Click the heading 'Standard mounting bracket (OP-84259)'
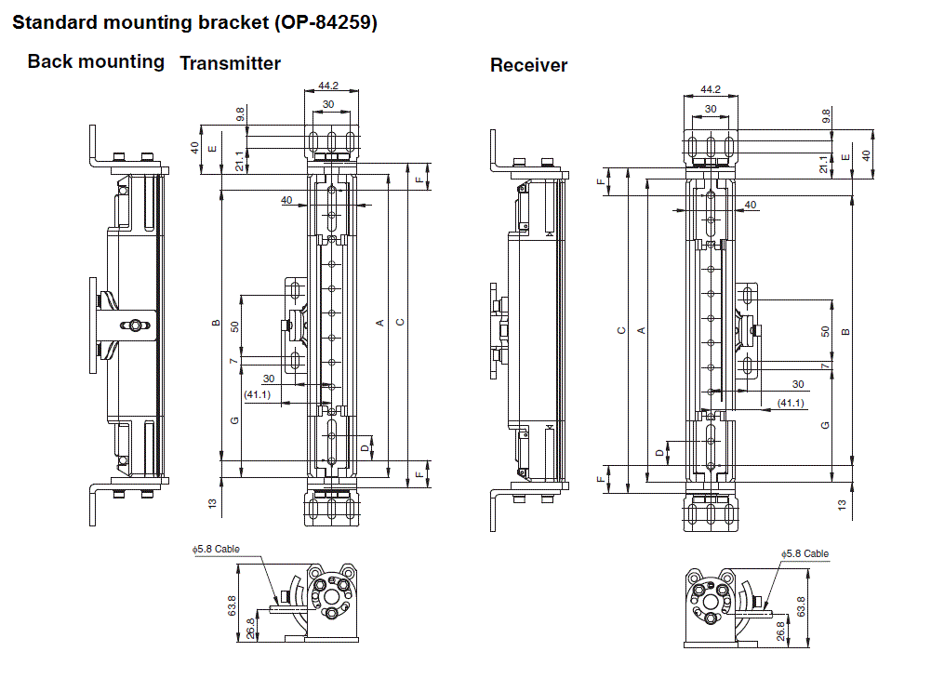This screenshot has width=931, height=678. [194, 23]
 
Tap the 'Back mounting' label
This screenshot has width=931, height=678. [96, 62]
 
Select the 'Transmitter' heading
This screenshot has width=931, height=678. [230, 63]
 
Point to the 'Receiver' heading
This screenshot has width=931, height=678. [528, 65]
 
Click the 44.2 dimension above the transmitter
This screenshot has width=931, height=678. [327, 86]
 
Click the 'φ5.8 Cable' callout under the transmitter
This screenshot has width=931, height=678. [216, 549]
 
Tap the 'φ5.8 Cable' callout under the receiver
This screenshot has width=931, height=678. [805, 553]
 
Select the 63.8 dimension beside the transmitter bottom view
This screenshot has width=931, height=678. [231, 605]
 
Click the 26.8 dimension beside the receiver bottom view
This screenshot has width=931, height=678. [780, 630]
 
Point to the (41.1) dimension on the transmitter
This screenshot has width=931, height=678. [257, 394]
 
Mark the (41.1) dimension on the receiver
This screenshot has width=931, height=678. [790, 402]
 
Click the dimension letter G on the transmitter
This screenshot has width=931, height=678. [235, 421]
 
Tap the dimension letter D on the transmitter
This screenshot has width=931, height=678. [364, 447]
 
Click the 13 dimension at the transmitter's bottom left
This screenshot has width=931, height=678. [213, 503]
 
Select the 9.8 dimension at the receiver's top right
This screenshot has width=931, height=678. [826, 116]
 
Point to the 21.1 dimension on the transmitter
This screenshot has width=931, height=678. [240, 161]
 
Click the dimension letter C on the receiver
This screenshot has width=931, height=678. [621, 330]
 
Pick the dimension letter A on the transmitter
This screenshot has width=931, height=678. [379, 323]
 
